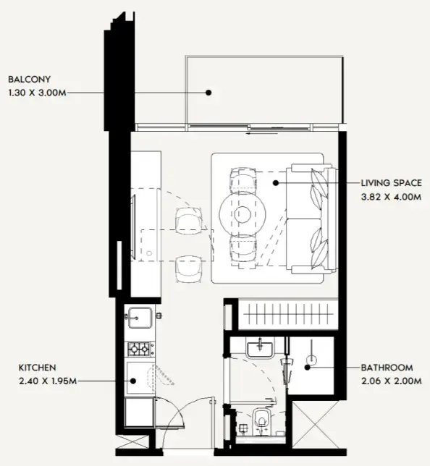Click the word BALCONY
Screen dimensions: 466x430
pyautogui.click(x=29, y=79)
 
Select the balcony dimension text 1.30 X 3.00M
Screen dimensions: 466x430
pyautogui.click(x=38, y=92)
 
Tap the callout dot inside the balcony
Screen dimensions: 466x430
pyautogui.click(x=208, y=92)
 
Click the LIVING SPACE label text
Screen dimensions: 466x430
pyautogui.click(x=391, y=183)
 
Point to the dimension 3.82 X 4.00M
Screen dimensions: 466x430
pyautogui.click(x=391, y=196)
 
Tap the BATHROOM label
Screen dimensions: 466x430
pyautogui.click(x=389, y=368)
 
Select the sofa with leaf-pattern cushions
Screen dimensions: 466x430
pyautogui.click(x=312, y=219)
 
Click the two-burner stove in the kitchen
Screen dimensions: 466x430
pyautogui.click(x=140, y=349)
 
